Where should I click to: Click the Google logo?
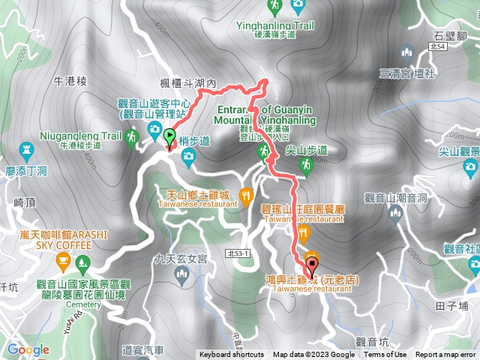[28, 349]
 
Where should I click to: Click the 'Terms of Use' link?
[385, 355]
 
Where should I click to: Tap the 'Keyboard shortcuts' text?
[232, 355]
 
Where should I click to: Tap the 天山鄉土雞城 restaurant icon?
[245, 196]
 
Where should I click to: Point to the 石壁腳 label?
[451, 34]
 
